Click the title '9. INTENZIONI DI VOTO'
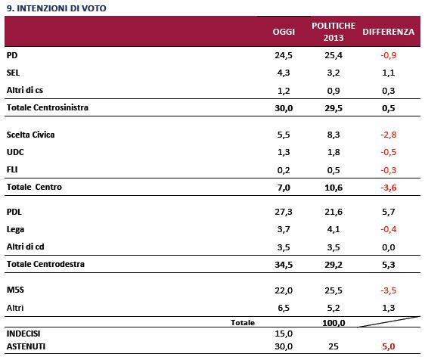coord(57,8)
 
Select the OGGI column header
coord(284,32)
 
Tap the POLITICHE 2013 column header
coord(333,32)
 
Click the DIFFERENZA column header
coord(389,32)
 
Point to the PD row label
coord(12,55)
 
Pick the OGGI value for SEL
coord(284,73)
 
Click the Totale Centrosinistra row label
coord(48,107)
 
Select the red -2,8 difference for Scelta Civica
coord(389,135)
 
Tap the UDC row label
coord(15,152)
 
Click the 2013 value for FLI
coord(333,170)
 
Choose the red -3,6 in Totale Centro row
coord(389,188)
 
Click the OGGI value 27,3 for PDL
coord(284,212)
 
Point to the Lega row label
coord(15,229)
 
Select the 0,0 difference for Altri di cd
coord(389,247)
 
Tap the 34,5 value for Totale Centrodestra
coord(284,265)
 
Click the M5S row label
coord(15,290)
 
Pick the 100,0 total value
coord(333,323)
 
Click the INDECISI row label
coord(23,334)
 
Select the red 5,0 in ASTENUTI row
coord(389,346)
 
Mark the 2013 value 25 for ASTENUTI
coord(333,346)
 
